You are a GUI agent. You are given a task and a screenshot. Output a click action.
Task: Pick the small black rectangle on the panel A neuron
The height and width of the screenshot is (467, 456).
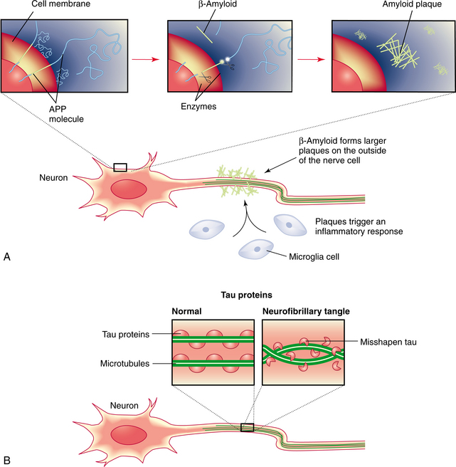[120, 167]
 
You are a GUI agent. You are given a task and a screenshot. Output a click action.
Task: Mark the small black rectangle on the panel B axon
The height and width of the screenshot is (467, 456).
[248, 427]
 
